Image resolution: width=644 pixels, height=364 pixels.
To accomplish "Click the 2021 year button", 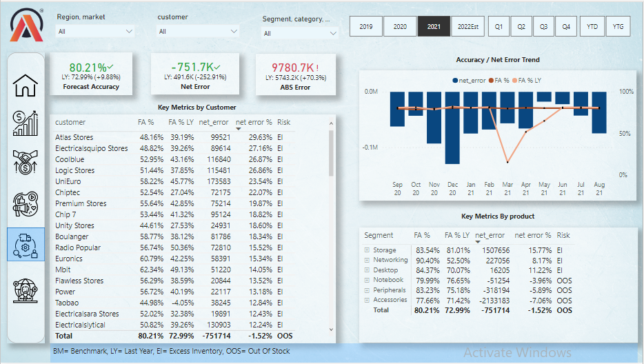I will (x=434, y=26).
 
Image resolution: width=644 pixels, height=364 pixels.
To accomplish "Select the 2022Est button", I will (x=467, y=26).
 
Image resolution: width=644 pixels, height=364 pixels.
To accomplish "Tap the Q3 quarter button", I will (x=543, y=26).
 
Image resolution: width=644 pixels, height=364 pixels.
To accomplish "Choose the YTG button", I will (x=617, y=26).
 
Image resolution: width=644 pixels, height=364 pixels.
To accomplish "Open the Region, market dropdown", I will (x=96, y=31).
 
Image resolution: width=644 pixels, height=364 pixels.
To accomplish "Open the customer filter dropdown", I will (x=198, y=31).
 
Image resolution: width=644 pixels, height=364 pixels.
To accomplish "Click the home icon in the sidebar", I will (x=26, y=85).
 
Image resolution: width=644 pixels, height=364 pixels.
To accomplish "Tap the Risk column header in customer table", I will (x=284, y=122).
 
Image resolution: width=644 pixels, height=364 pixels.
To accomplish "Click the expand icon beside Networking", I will (x=368, y=261).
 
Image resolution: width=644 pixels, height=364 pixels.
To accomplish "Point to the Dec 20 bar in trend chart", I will (x=452, y=127).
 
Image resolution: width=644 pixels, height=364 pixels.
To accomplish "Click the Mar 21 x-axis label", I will (x=507, y=189).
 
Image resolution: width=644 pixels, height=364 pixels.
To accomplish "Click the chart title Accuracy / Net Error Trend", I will (x=498, y=60).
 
